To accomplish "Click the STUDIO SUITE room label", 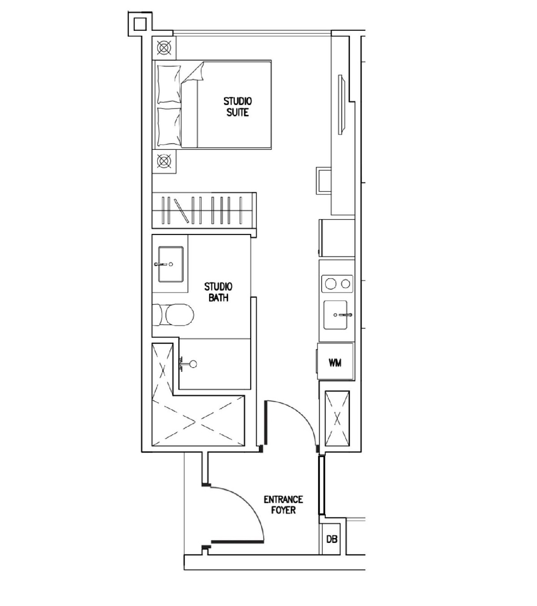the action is coord(237,107).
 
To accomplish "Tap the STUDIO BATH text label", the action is coord(218,292).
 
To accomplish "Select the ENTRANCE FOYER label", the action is coord(283,505).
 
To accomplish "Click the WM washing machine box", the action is coord(335,362).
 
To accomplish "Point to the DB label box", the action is coord(331,540).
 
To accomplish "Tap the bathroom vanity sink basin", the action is coord(170,264).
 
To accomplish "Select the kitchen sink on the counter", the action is coord(336,315).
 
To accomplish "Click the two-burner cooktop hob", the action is coord(337,284).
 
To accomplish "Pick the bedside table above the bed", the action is coord(164,47).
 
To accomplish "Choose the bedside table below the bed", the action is coord(164,161).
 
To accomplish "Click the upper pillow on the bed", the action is coord(169,84).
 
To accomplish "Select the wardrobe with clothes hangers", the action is coord(204,210).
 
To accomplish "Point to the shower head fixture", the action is coord(188,364).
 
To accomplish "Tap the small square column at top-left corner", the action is coord(140,24).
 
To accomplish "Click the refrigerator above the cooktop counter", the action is coord(337,238).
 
